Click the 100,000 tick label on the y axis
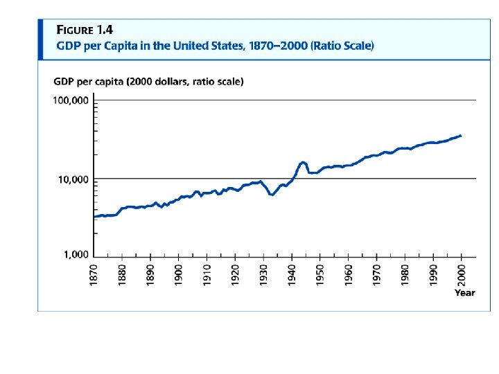pos(72,101)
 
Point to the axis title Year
pos(465,292)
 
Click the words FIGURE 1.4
pos(84,30)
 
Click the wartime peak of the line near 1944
pos(303,162)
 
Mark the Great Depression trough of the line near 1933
pos(272,195)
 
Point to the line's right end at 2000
pos(461,136)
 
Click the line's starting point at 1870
pos(94,217)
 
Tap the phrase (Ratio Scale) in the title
pos(343,46)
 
